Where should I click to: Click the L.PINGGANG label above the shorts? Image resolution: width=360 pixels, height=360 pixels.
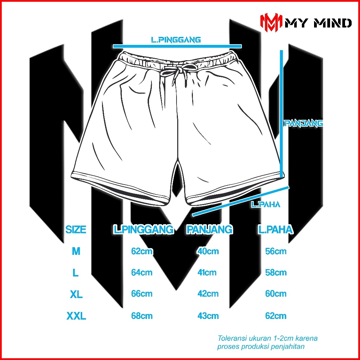[x=176, y=40]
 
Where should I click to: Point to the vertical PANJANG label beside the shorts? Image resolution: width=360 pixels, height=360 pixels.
[x=304, y=123]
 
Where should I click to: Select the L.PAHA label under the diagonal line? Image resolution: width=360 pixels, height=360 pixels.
[x=266, y=204]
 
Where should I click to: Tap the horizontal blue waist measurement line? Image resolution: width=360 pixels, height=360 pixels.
[x=177, y=46]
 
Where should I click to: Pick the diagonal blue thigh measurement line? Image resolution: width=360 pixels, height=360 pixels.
[x=240, y=201]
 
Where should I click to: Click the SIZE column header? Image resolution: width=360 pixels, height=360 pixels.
[x=76, y=230]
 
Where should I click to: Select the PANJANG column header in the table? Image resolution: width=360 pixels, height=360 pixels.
[x=209, y=230]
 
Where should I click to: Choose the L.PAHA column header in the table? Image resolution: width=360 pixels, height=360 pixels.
[x=275, y=230]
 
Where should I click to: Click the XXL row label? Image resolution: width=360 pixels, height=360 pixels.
[x=76, y=316]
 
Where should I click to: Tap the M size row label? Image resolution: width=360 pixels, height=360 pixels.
[x=76, y=251]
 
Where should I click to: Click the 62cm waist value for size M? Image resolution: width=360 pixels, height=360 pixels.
[x=142, y=251]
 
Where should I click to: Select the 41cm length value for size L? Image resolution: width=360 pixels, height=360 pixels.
[x=207, y=273]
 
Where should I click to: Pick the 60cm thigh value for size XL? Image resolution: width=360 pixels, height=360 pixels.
[x=276, y=294]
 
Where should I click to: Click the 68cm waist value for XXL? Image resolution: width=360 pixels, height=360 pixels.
[x=142, y=316]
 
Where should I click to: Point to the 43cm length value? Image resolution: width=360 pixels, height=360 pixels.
[x=208, y=316]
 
